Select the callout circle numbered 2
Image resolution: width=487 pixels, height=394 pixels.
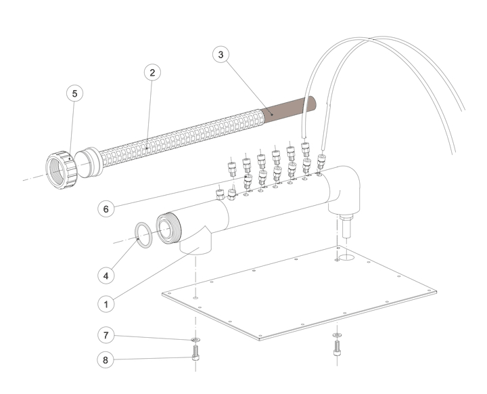click(x=152, y=72)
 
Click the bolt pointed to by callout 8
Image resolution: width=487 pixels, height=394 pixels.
click(x=195, y=354)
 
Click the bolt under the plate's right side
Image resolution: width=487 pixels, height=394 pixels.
click(x=337, y=350)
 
